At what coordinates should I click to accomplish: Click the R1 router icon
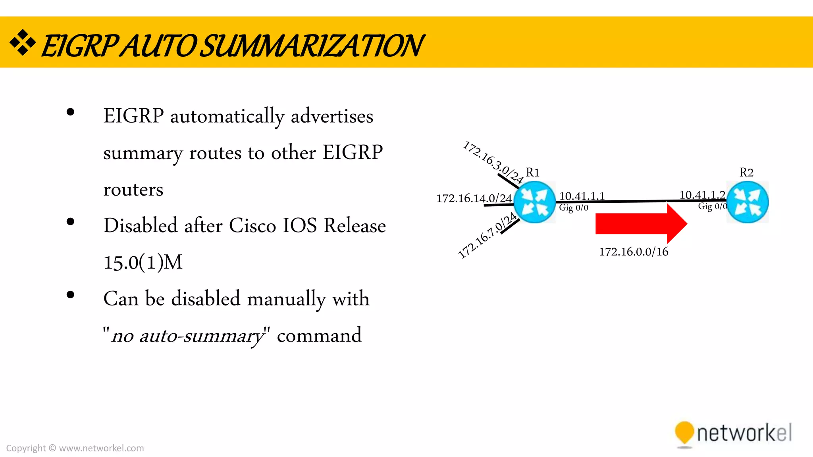(x=534, y=202)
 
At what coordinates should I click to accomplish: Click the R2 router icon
(x=747, y=202)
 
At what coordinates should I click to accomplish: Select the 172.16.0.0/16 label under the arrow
(x=634, y=252)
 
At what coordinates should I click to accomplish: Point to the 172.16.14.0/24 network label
(x=474, y=198)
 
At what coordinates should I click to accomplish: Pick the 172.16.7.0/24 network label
(x=487, y=236)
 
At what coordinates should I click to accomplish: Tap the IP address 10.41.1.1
(x=582, y=196)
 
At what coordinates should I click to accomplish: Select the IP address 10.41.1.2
(x=702, y=195)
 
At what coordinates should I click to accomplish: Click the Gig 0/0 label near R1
(x=574, y=207)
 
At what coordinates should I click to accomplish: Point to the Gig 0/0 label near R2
(x=713, y=206)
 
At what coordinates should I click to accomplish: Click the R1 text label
(x=533, y=173)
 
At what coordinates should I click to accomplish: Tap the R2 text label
(x=746, y=173)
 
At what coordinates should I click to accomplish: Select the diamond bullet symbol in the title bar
(x=23, y=42)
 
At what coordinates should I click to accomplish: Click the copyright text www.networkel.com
(x=101, y=448)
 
